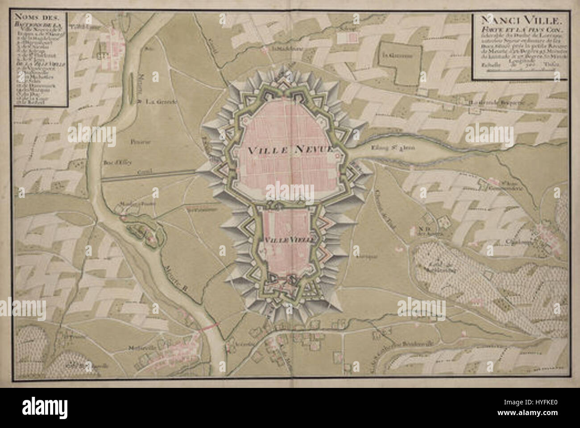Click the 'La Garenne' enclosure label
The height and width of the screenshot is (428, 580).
pyautogui.click(x=396, y=56)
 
